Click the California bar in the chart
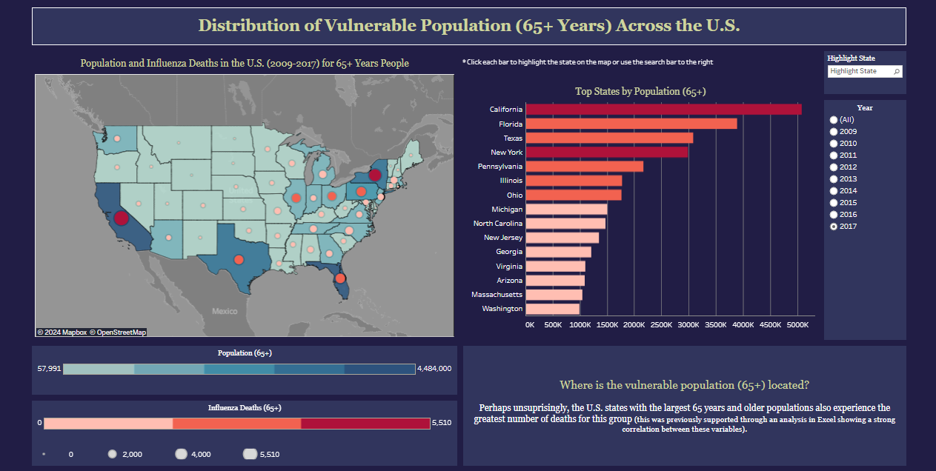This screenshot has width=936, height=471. coord(663,110)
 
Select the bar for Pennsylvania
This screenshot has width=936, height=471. coord(584,167)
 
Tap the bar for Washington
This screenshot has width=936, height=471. coord(552,309)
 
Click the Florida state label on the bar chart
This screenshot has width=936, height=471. coord(510,124)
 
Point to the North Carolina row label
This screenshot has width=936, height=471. coord(497,224)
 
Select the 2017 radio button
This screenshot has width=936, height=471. coord(834,227)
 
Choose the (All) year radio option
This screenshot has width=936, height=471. coord(834,120)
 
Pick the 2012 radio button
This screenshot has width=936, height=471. coord(834,167)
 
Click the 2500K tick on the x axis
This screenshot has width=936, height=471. coord(662,324)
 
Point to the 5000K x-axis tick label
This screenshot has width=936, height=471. coord(797,324)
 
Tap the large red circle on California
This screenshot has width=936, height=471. coord(121,218)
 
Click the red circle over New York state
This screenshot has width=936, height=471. coord(375,176)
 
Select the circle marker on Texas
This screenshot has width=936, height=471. coord(239,259)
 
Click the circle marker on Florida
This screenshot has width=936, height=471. coord(339,279)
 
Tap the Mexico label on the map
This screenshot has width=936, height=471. coord(225,312)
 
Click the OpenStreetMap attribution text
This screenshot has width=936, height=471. coord(119,333)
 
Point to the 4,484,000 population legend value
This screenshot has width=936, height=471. coord(434,369)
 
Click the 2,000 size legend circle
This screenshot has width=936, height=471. coord(113,454)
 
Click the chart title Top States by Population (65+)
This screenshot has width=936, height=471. coord(640,91)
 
